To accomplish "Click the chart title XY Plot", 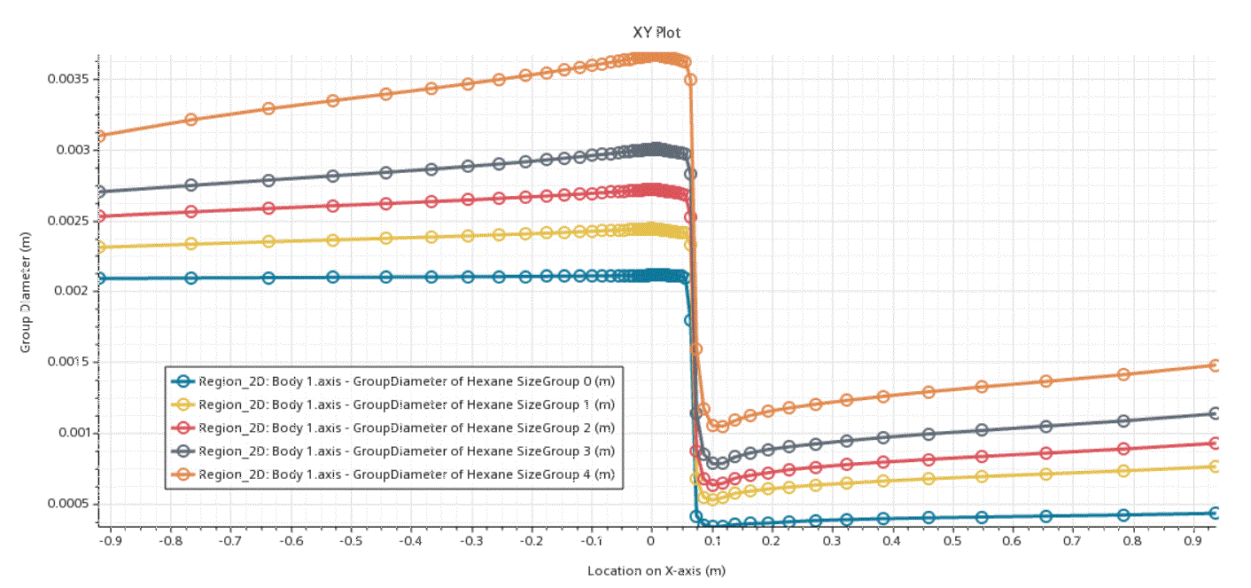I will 657,33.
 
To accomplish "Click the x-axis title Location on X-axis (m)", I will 657,570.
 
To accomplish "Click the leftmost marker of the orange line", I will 99,136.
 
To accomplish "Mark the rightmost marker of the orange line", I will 1216,365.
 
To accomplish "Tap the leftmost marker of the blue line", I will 99,278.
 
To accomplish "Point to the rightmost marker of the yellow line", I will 1216,466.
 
